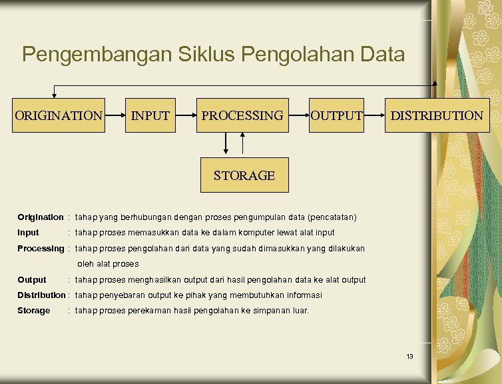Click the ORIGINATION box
(59, 115)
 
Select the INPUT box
(150, 115)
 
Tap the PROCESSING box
(242, 115)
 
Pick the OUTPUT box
(336, 115)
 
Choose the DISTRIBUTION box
(436, 115)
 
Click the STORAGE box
(244, 175)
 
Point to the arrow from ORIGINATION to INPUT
(115, 115)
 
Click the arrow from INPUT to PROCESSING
(184, 115)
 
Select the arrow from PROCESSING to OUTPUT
(298, 115)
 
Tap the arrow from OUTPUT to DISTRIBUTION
(375, 115)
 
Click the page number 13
(409, 357)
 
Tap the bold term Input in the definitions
(29, 233)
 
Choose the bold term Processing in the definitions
(41, 248)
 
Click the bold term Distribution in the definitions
(41, 295)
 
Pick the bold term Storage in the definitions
(34, 311)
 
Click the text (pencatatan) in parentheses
(332, 217)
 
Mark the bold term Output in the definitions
(32, 280)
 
